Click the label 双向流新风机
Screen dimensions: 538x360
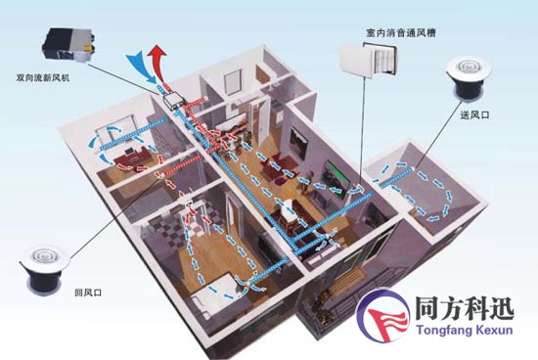pos(43,78)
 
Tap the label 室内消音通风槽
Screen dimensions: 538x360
pos(401,33)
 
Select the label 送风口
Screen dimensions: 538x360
pos(474,115)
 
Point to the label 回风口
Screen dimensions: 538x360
pos(88,292)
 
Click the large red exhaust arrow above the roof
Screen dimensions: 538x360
pos(157,64)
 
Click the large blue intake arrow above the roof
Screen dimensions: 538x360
pos(142,67)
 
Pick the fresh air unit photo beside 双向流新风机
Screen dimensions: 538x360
pos(69,45)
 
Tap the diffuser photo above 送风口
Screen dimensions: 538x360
pos(468,79)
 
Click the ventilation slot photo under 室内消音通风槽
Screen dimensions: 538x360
pos(368,59)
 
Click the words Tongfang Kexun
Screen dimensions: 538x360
pos(465,330)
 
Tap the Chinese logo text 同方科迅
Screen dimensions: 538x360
pos(465,308)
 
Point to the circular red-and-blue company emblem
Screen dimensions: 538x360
pos(383,315)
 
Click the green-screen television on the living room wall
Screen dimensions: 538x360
pos(336,178)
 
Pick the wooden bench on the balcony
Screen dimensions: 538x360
pos(347,280)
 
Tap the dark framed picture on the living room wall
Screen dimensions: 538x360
pos(297,143)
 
